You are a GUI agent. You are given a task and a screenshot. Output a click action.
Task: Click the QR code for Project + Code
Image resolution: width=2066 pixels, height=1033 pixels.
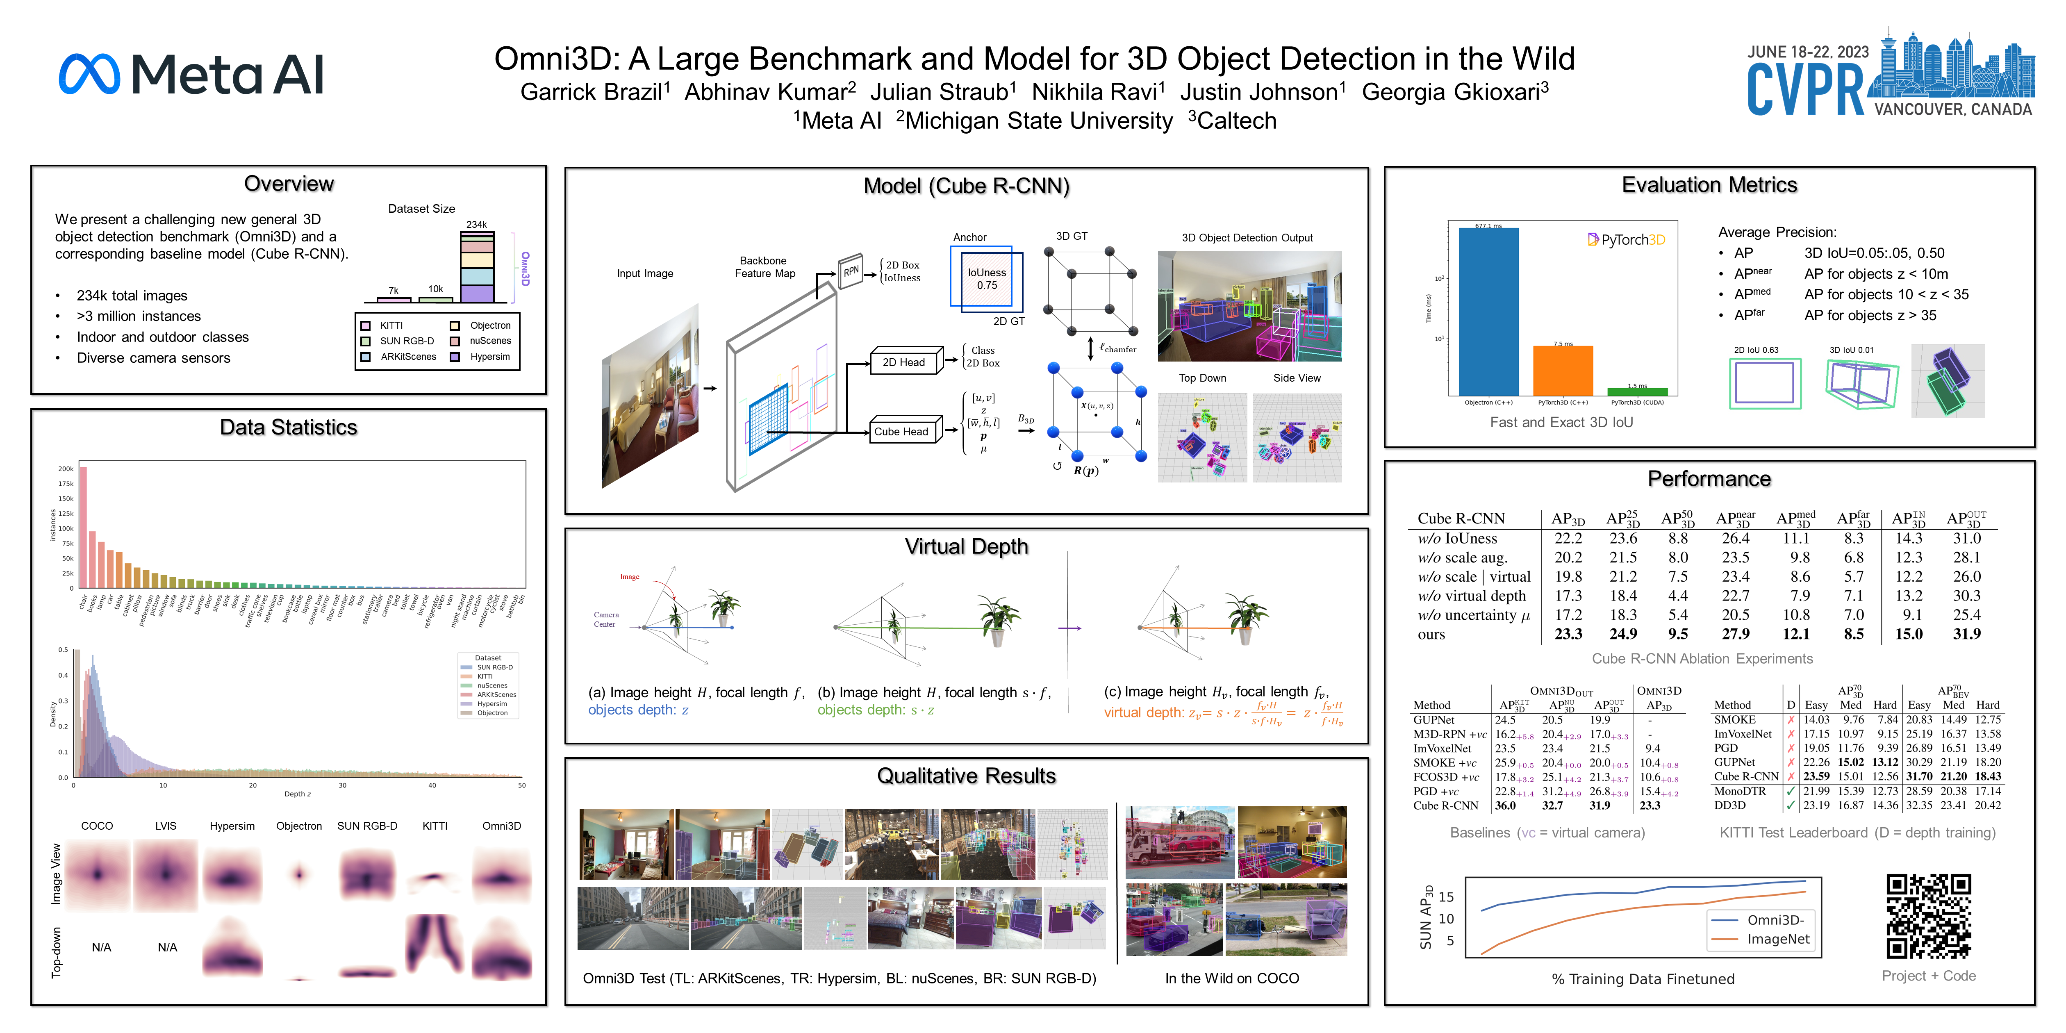click(1928, 916)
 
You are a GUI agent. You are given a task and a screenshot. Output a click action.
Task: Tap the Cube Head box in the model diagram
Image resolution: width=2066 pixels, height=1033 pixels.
click(901, 432)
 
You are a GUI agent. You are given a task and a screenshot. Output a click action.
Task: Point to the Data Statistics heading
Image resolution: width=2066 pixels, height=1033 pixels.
click(289, 428)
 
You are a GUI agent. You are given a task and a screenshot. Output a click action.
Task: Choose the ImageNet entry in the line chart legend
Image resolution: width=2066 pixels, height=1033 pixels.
click(1778, 939)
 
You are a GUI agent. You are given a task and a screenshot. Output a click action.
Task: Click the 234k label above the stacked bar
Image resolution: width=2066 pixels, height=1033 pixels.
click(476, 225)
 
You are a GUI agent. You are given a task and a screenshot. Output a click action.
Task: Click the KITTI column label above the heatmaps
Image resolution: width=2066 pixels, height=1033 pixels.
click(435, 826)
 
